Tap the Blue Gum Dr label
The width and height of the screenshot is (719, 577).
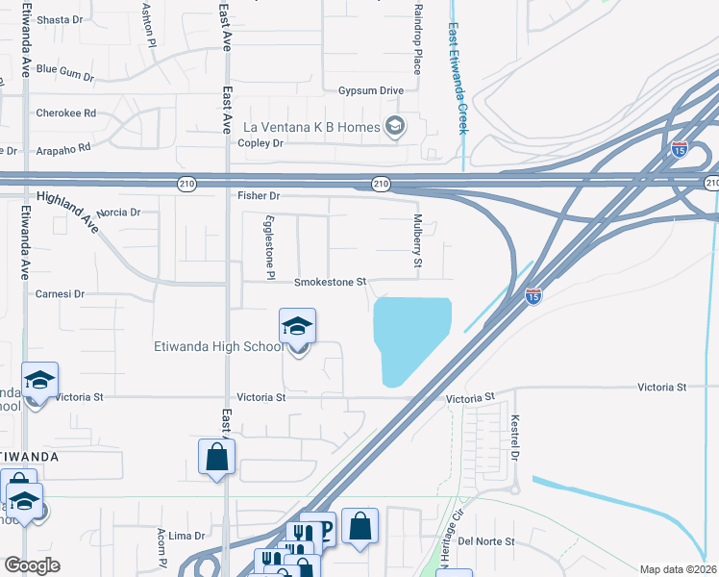[65, 70]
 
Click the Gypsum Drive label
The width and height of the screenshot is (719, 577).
[370, 90]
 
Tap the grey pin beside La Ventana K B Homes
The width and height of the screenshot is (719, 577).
[393, 126]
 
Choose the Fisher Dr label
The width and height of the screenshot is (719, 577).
[258, 196]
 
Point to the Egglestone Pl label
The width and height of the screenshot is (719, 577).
[268, 241]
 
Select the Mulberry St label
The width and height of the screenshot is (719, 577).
[418, 248]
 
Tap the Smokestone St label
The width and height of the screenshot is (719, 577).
[330, 283]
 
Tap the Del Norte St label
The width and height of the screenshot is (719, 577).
[486, 541]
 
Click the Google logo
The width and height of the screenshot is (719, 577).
[32, 565]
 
